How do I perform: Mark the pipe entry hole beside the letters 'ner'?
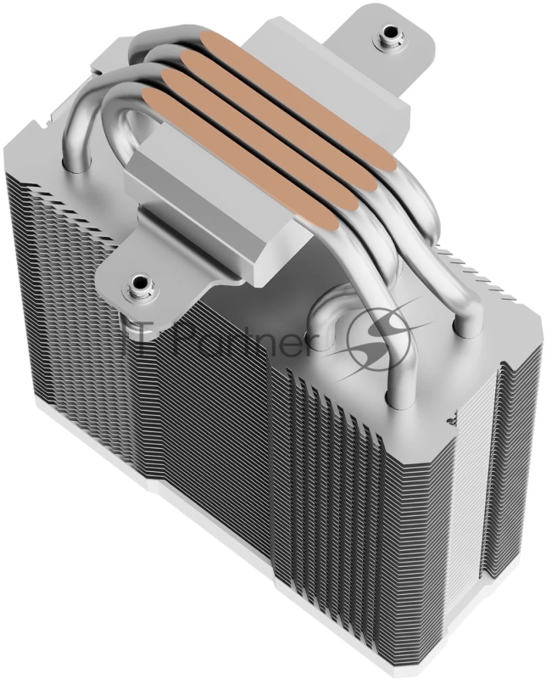pyautogui.click(x=326, y=327)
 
